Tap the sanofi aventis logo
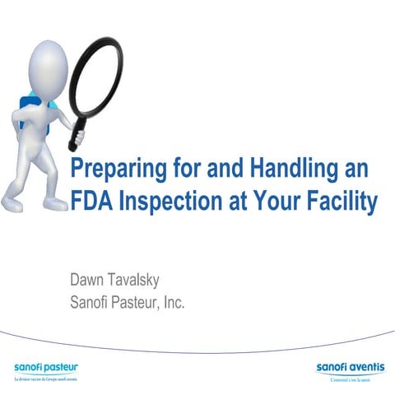349,365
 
